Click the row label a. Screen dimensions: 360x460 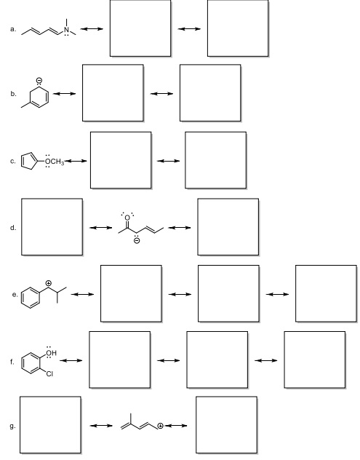pos(12,29)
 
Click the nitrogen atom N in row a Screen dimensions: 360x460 pos(67,30)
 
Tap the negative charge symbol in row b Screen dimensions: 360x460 pos(39,80)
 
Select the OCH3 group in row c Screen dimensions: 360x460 pos(55,162)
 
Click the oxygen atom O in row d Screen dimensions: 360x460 pos(127,218)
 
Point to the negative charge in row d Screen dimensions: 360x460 pos(137,241)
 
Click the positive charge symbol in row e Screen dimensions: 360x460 pos(49,283)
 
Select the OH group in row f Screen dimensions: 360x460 pos(51,352)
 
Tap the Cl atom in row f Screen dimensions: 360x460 pos(49,373)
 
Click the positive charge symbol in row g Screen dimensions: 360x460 pos(160,426)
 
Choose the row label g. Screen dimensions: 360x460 pos(12,427)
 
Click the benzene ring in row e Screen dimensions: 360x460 pos(31,298)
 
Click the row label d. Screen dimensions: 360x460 pos(12,228)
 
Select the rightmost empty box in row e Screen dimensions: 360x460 pos(326,293)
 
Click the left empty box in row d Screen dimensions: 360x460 pos(52,227)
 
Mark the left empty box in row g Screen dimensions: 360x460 pos(50,425)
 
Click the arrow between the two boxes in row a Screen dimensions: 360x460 pos(189,29)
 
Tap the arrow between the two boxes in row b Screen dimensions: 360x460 pos(161,94)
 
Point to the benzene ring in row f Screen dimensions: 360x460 pos(31,363)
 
